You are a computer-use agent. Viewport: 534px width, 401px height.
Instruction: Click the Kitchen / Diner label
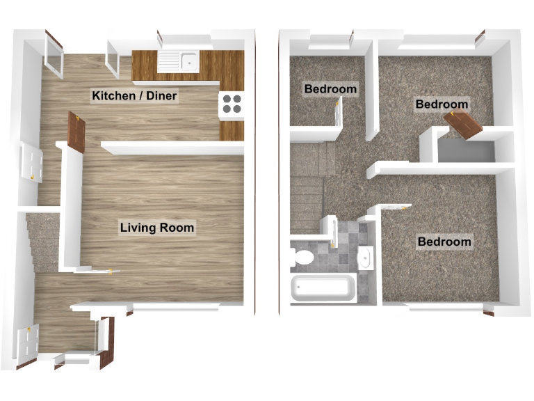134,95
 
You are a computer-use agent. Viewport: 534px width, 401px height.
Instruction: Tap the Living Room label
157,228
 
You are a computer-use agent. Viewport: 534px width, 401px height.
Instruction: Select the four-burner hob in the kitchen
232,104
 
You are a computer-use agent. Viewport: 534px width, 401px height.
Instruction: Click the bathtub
324,288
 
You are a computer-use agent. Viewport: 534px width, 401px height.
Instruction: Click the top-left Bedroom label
330,89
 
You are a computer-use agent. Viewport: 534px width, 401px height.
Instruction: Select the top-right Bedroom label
442,104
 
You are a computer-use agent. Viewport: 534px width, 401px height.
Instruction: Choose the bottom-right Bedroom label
444,242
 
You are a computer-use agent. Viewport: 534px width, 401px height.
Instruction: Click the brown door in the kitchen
76,134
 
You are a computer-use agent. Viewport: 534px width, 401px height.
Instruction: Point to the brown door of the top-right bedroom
463,125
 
